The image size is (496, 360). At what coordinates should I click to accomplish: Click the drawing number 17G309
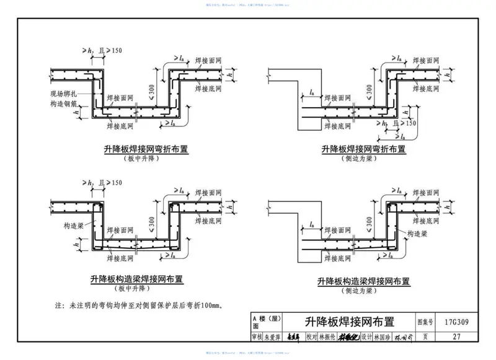point(456,323)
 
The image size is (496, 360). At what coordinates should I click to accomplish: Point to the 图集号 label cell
point(424,323)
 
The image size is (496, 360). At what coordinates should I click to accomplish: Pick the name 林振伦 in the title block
point(328,337)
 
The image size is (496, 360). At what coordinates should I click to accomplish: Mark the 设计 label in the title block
point(366,337)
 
